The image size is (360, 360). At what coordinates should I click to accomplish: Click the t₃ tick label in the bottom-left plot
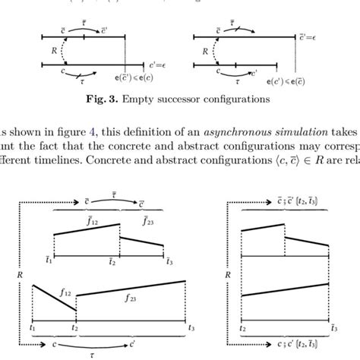191,327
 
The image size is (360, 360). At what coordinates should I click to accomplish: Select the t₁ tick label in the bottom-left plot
33,327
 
